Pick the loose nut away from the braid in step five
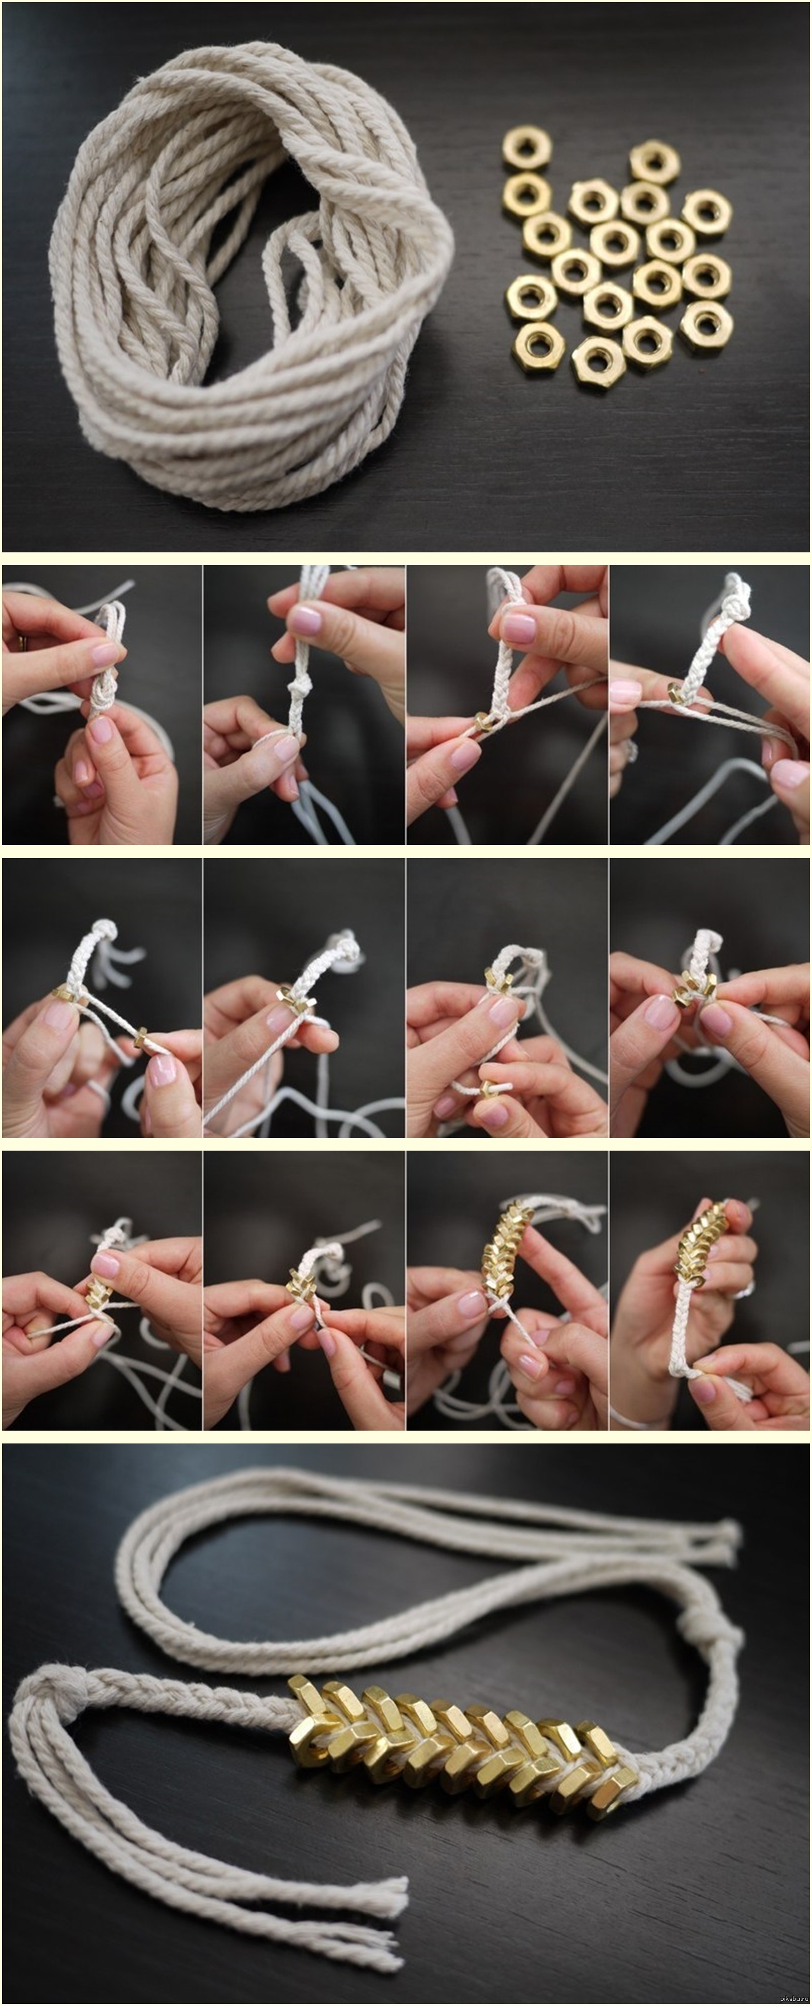click(140, 1038)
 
